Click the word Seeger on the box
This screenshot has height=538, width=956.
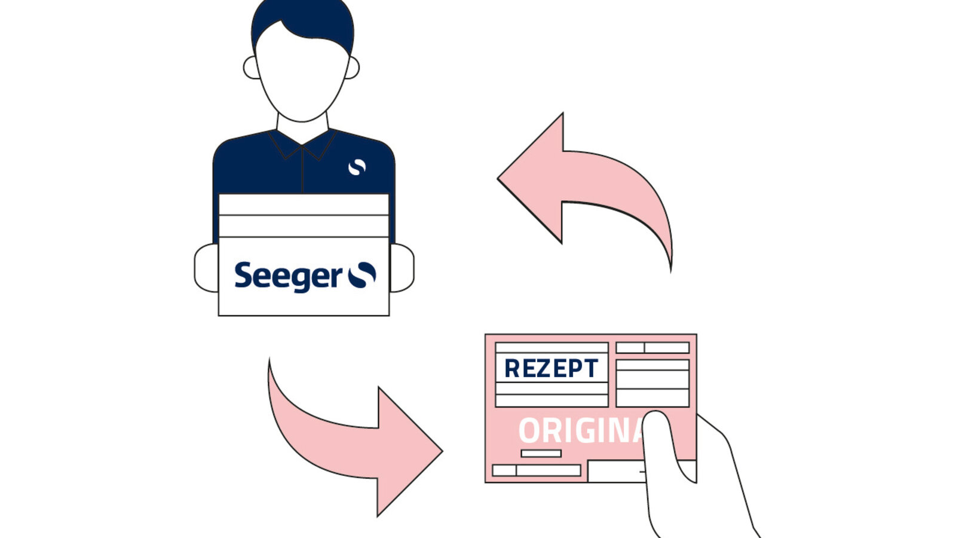288,277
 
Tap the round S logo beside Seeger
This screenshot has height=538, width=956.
362,275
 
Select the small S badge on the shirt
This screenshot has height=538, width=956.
357,167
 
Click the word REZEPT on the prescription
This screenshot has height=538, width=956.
551,368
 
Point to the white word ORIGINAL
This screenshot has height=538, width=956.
581,430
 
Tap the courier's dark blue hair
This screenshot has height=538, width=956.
302,22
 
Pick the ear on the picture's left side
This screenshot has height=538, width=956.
252,68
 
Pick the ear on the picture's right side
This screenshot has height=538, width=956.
353,68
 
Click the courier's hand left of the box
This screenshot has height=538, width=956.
207,268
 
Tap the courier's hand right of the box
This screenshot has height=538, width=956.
402,268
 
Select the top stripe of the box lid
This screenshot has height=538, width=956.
304,205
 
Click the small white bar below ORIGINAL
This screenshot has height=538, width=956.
541,454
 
